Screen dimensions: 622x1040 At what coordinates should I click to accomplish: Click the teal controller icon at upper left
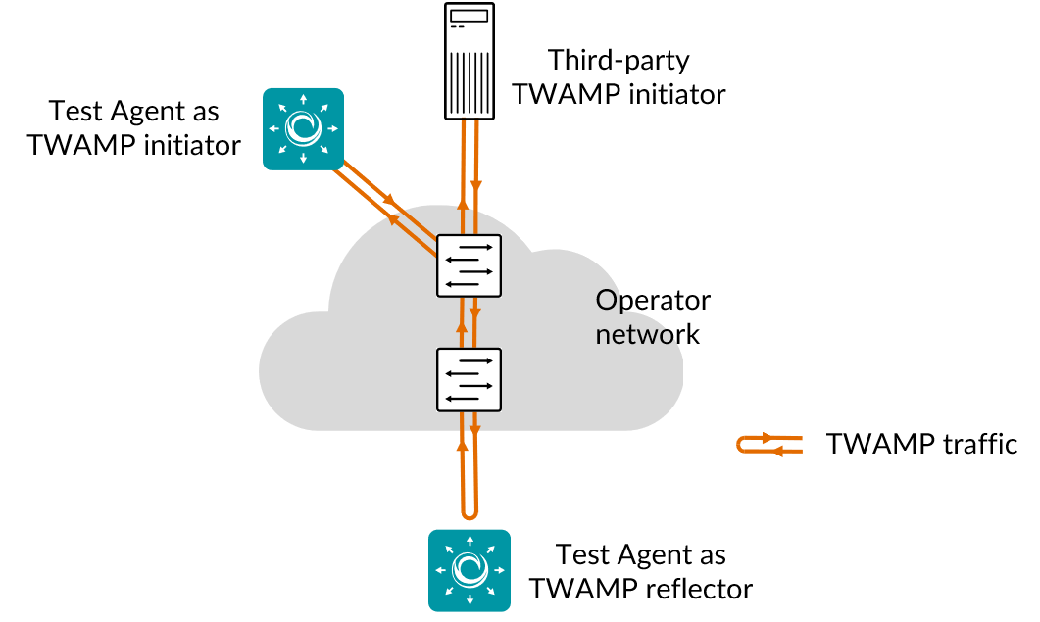coord(303,128)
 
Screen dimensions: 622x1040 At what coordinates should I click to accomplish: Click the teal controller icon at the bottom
coord(470,570)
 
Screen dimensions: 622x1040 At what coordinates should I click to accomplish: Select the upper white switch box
coord(469,265)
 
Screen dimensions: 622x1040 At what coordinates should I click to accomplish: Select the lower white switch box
coord(469,379)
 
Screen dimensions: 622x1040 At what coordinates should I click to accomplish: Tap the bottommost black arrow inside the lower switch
coord(463,398)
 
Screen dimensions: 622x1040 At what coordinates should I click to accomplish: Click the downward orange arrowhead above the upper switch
coord(475,185)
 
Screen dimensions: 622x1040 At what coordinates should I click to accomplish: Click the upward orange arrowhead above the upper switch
coord(463,204)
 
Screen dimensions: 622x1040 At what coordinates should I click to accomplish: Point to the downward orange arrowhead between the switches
coord(474,313)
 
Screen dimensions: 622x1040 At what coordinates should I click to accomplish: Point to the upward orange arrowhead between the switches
coord(462,327)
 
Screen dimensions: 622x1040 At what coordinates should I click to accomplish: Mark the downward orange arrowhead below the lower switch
coord(474,431)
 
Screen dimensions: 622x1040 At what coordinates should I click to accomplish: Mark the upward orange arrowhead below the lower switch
coord(462,446)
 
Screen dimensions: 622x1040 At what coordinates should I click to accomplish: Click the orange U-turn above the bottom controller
coord(470,511)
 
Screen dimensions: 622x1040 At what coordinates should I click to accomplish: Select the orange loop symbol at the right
coord(769,445)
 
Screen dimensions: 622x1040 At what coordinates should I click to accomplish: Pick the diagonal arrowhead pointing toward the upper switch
coord(388,200)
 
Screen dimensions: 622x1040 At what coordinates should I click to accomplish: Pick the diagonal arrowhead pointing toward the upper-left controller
coord(393,220)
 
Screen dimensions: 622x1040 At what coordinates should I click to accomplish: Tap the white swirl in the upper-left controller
coord(303,128)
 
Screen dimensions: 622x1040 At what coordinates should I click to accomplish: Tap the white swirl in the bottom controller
coord(470,570)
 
